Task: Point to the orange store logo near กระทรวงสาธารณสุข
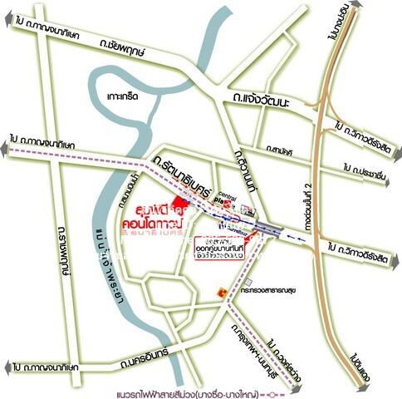pos(220,293)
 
